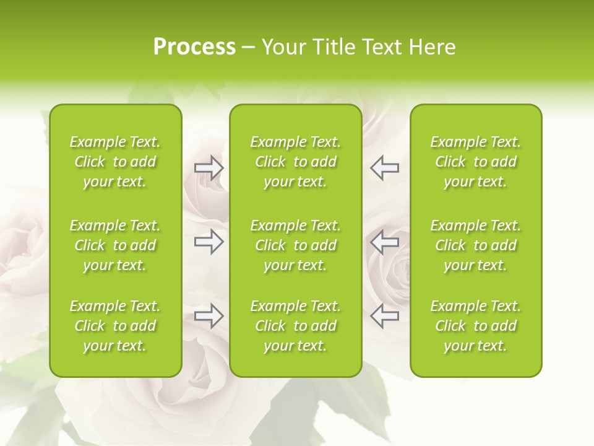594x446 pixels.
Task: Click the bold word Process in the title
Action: pyautogui.click(x=194, y=47)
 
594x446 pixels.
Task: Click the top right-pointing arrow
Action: pyautogui.click(x=209, y=168)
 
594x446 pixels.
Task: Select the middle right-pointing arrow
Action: pyautogui.click(x=209, y=242)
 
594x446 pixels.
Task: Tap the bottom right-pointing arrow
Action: pyautogui.click(x=209, y=316)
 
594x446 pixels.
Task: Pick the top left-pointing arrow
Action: pyautogui.click(x=384, y=168)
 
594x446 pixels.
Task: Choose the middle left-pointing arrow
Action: pyautogui.click(x=384, y=242)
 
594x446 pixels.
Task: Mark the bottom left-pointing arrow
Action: pyautogui.click(x=384, y=316)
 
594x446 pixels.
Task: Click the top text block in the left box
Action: pyautogui.click(x=115, y=162)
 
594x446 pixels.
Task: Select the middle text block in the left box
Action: pyautogui.click(x=115, y=245)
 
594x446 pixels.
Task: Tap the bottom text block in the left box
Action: pyautogui.click(x=115, y=326)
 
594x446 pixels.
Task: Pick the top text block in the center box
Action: pyautogui.click(x=295, y=162)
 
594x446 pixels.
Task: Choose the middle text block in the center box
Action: pyautogui.click(x=295, y=245)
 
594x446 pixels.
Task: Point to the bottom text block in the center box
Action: pyautogui.click(x=295, y=326)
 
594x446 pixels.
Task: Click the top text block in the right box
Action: pyautogui.click(x=475, y=162)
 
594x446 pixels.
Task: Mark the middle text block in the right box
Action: pyautogui.click(x=475, y=245)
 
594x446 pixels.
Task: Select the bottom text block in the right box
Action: pyautogui.click(x=475, y=326)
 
